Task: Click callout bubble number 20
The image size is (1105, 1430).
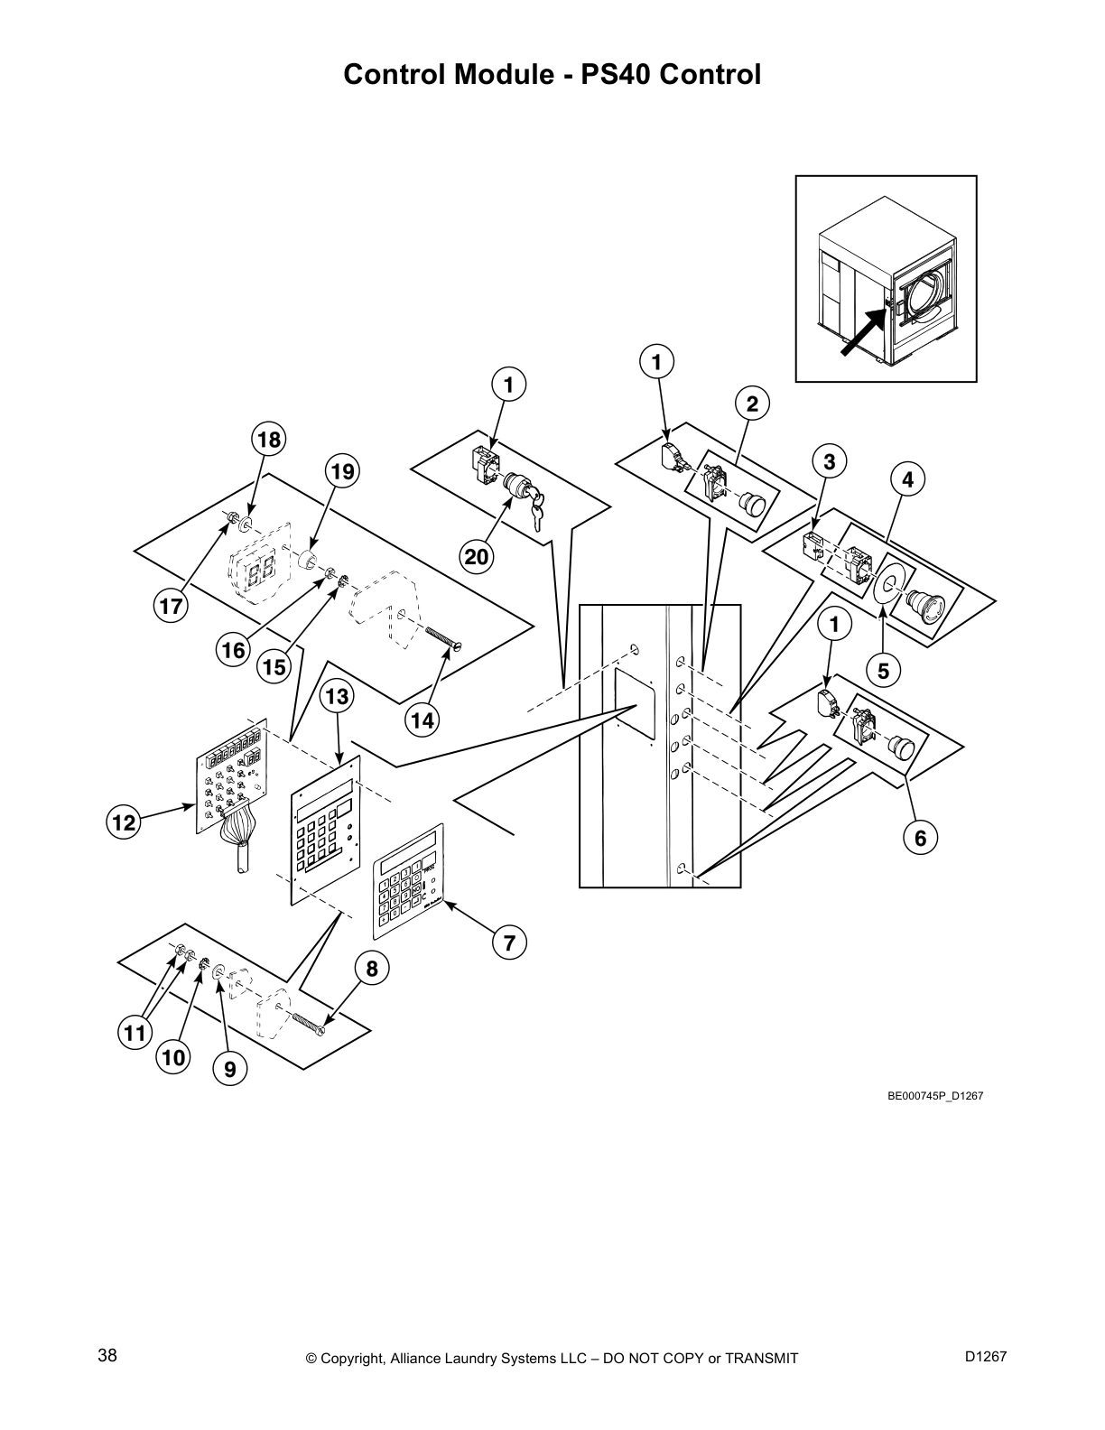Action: click(477, 557)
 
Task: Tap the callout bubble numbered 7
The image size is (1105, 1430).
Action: click(509, 943)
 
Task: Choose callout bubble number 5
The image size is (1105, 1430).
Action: click(883, 671)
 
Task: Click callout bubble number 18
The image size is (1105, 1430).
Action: click(268, 440)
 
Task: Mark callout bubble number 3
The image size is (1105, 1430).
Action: click(830, 461)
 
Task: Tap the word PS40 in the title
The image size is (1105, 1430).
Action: click(616, 75)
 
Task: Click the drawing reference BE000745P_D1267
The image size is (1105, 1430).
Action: click(934, 1096)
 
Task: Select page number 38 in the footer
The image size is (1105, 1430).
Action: click(107, 1355)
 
